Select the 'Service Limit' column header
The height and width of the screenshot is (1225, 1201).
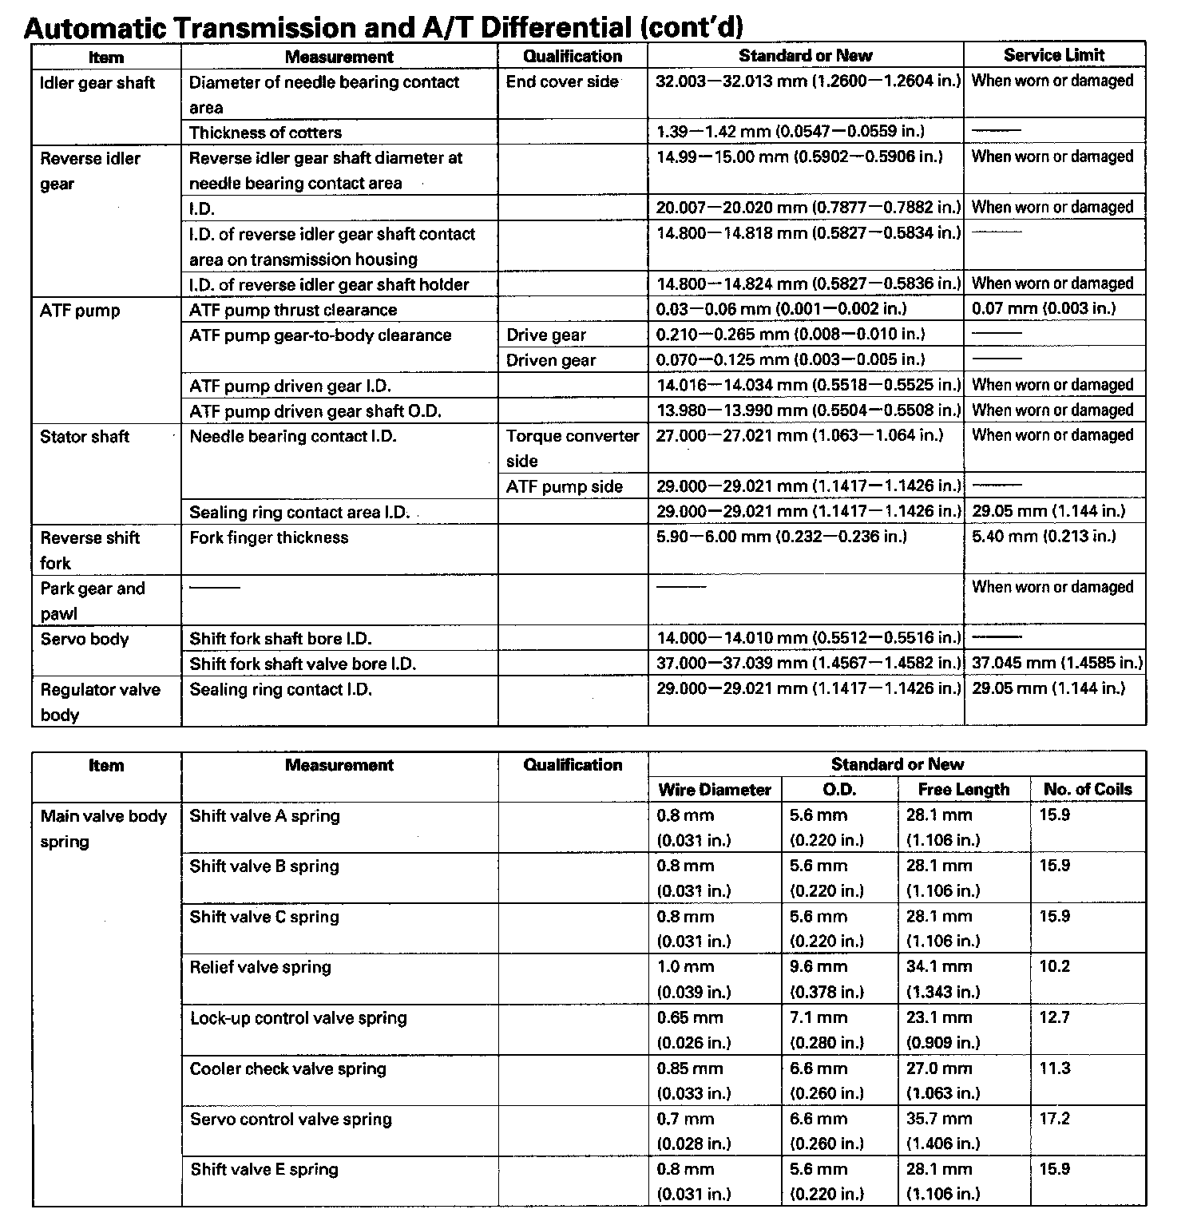[1054, 55]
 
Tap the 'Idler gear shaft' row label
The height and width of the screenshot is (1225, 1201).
[97, 82]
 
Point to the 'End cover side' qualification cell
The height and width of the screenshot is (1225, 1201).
[562, 81]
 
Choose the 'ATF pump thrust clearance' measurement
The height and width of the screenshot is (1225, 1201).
[292, 310]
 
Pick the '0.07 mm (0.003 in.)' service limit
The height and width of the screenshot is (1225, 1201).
[1044, 308]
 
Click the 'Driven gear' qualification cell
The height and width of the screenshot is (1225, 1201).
[551, 360]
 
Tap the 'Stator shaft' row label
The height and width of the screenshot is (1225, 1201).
[84, 436]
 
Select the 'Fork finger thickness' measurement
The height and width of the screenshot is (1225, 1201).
[268, 537]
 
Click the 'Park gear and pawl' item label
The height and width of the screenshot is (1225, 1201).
[92, 601]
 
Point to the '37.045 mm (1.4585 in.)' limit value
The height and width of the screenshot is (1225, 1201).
[1056, 663]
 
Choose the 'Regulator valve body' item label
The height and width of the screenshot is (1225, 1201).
[100, 701]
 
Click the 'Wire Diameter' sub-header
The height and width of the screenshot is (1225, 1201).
[714, 790]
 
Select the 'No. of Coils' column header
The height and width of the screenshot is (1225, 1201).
[1088, 789]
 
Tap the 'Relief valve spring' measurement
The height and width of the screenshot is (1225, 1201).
[260, 967]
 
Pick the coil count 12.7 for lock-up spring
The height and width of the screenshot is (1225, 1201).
[1054, 1017]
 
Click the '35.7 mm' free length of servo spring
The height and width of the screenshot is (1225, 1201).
[939, 1119]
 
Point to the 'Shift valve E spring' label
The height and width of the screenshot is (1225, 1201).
[264, 1169]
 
